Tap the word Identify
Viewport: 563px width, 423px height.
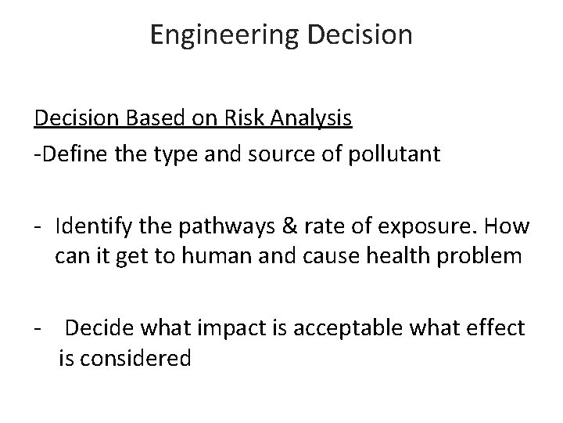pos(93,228)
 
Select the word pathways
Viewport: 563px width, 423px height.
pos(217,228)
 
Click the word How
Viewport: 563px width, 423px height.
pos(509,228)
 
